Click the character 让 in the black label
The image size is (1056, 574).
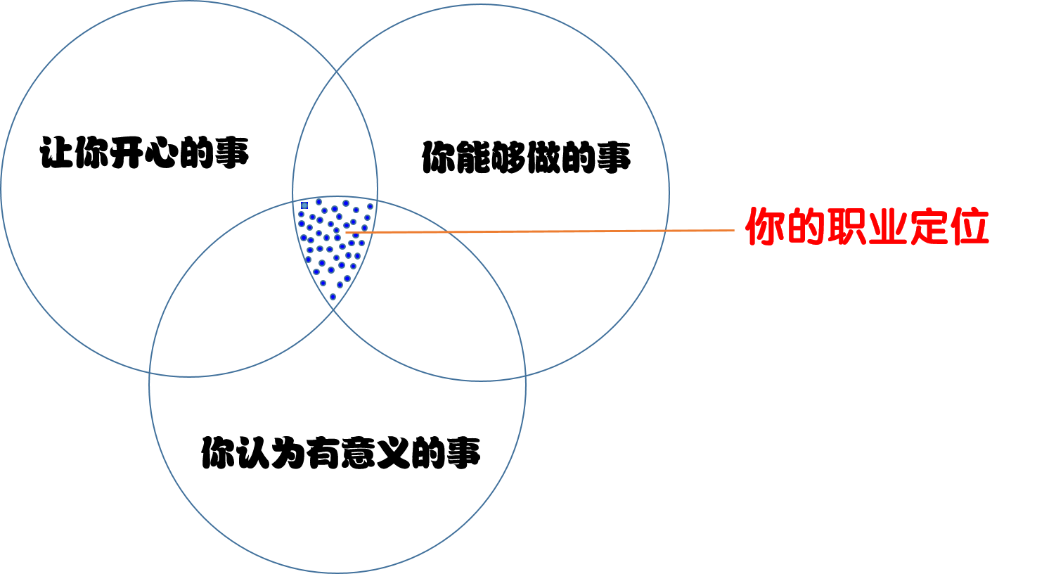pos(56,153)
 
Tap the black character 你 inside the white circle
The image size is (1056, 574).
pos(91,153)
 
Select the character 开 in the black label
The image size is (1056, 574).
pos(127,153)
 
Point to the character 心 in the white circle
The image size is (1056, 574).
pos(162,153)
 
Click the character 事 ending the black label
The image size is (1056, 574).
pos(232,153)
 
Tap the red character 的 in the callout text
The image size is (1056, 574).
pos(806,227)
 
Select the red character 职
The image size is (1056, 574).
pos(846,227)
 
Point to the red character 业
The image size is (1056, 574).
pos(887,227)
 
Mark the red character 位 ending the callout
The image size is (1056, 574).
pos(970,227)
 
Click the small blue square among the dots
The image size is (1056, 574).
pos(304,205)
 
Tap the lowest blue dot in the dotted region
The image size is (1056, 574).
pos(333,296)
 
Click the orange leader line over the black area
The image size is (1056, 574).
pos(562,231)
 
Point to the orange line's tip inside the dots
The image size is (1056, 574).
pos(347,232)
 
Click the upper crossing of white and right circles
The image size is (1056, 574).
pos(337,71)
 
